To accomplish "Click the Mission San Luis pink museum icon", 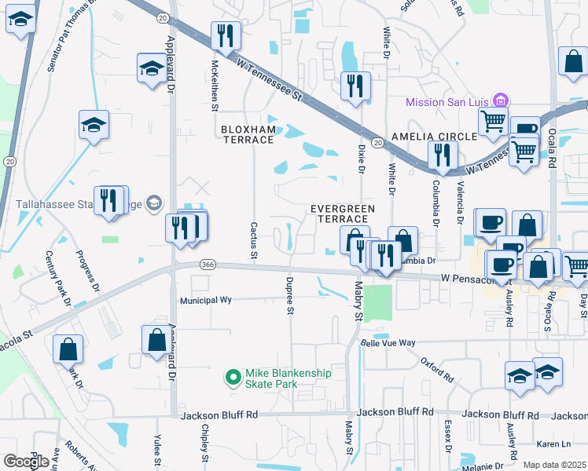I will [x=500, y=101].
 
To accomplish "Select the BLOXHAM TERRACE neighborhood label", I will [x=247, y=134].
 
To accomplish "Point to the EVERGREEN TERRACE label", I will [x=342, y=214].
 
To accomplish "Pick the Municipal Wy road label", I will [x=206, y=300].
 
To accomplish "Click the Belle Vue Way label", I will [x=388, y=343].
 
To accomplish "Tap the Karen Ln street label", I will [x=544, y=443].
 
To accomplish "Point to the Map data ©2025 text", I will [x=554, y=465].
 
